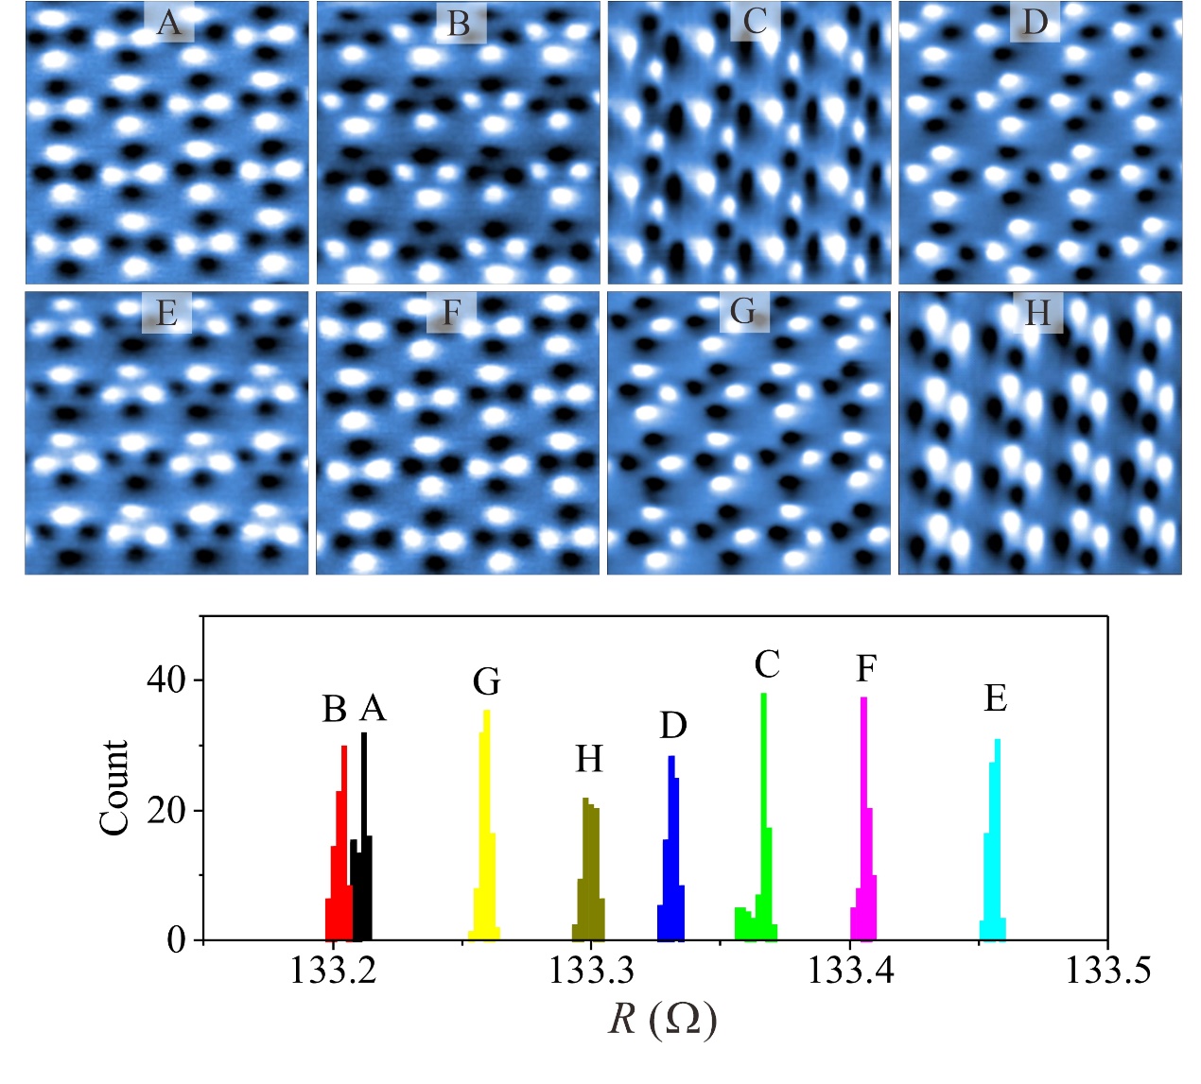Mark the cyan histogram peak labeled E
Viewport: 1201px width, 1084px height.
coord(995,851)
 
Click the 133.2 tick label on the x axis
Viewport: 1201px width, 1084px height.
coord(333,971)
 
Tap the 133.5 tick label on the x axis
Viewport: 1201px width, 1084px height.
coord(1107,971)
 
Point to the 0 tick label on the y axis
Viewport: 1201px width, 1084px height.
coord(177,940)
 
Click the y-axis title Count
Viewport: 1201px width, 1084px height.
coord(113,787)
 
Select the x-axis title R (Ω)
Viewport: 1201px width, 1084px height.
coord(662,1020)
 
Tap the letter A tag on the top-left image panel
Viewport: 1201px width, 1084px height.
coord(169,23)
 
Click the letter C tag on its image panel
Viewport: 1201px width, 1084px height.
coord(755,22)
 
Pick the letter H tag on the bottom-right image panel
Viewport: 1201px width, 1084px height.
coord(1038,313)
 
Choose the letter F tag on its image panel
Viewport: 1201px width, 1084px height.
coord(451,313)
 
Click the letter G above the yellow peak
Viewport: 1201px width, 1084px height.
coord(486,681)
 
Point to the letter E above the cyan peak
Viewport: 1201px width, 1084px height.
coord(995,699)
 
